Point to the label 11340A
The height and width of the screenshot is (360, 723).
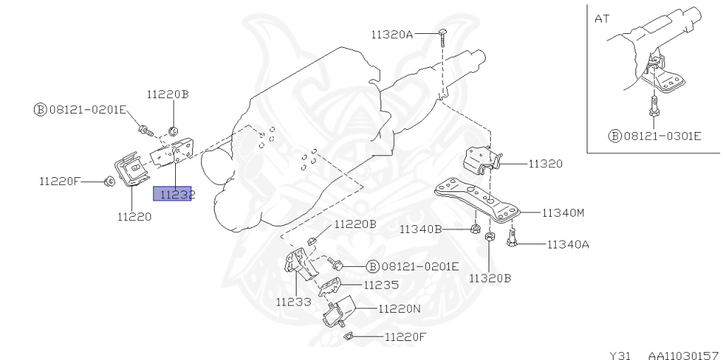569,245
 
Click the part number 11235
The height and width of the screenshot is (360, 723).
381,285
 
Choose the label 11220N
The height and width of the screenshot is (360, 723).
400,308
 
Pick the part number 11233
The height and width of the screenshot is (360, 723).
293,302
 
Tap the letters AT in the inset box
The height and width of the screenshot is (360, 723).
602,19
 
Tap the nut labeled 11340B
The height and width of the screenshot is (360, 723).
474,229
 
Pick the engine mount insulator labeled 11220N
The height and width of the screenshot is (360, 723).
339,310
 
